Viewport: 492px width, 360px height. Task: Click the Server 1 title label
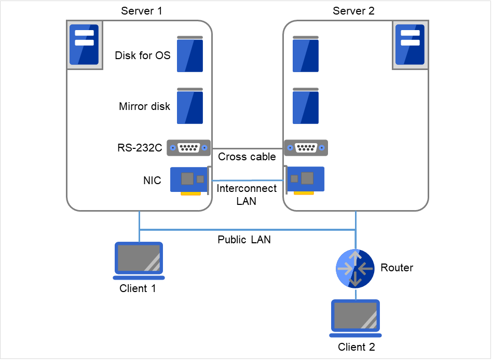142,10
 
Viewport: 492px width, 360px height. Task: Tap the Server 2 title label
353,10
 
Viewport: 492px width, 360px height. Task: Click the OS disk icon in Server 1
189,54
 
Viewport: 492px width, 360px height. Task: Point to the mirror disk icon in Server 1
189,106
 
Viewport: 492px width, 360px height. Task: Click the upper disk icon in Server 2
305,54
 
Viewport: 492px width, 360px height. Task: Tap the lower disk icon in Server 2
305,106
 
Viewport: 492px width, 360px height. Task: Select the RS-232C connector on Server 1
188,148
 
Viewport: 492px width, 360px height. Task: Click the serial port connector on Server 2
306,148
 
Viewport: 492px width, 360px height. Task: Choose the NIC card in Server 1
189,180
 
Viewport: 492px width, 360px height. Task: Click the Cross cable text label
247,157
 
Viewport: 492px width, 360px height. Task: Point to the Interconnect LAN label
247,195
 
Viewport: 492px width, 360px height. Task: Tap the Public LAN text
244,240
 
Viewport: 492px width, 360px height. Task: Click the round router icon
355,268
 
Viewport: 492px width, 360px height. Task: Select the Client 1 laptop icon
139,258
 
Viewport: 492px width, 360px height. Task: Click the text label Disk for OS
142,55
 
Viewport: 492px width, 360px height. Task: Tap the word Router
397,268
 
